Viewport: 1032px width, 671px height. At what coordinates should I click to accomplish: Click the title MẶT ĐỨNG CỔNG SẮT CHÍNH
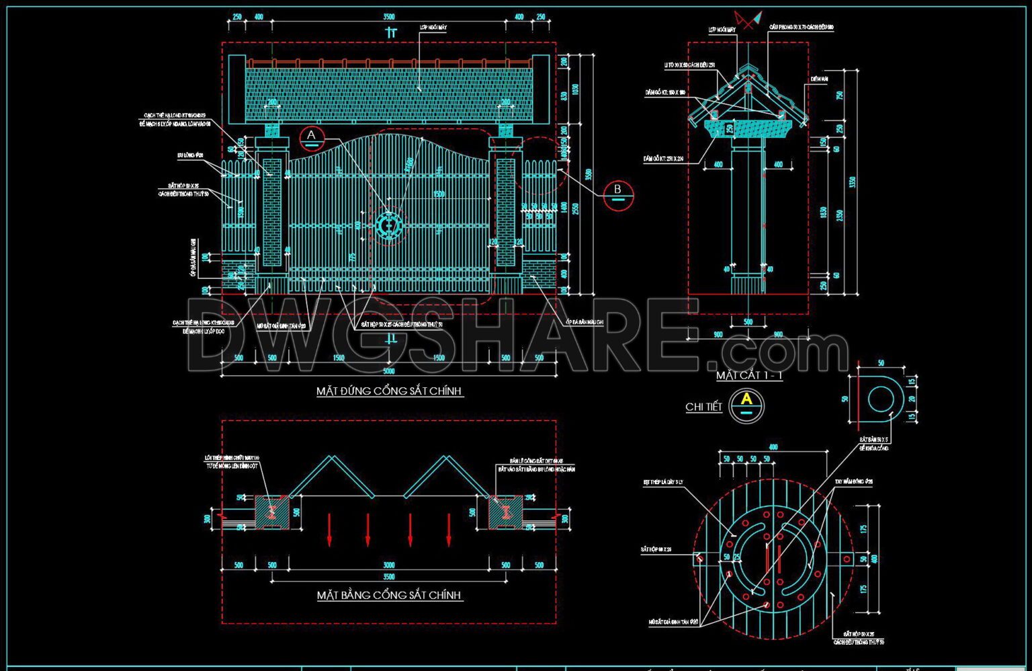tap(390, 391)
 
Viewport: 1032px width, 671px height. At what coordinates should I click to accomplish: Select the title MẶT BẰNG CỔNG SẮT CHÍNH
tap(390, 595)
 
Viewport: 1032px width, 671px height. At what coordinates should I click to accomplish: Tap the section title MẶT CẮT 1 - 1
tap(749, 375)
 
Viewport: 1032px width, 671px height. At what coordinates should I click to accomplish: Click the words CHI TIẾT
tap(703, 407)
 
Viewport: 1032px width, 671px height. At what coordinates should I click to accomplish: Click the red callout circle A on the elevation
tap(311, 138)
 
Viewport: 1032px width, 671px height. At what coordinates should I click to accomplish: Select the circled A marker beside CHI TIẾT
tap(746, 405)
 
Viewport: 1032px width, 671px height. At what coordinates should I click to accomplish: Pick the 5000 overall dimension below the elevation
tap(389, 371)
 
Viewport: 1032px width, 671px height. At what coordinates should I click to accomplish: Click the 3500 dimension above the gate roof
tap(389, 17)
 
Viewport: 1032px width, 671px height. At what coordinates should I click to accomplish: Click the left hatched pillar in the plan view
tap(272, 512)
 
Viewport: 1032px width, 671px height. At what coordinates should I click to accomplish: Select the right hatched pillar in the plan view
tap(505, 512)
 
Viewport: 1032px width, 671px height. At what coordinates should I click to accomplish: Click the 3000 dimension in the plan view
tap(389, 565)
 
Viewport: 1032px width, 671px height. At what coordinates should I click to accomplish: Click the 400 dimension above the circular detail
tap(773, 447)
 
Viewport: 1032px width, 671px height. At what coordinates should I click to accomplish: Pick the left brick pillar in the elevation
tap(272, 212)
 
